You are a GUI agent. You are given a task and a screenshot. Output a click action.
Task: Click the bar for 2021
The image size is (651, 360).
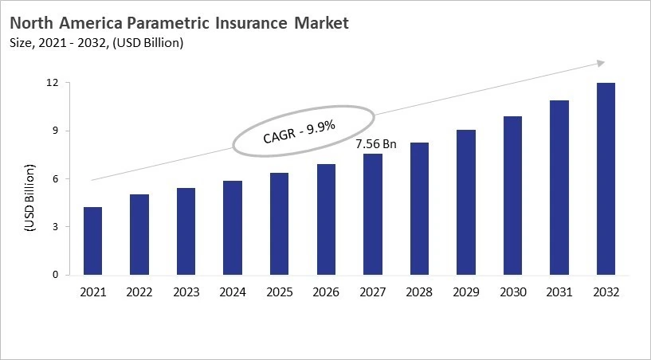(92, 241)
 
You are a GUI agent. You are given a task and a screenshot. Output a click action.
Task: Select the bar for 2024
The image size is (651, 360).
(233, 228)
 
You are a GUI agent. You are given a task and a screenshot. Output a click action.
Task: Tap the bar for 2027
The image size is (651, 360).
(373, 214)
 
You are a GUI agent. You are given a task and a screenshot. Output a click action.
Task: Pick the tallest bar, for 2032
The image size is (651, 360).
(606, 178)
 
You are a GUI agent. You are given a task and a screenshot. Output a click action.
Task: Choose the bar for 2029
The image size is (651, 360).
(466, 202)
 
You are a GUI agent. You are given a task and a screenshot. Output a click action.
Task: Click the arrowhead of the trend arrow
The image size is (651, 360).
(601, 63)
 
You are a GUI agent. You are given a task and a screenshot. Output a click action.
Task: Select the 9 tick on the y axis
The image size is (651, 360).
(55, 131)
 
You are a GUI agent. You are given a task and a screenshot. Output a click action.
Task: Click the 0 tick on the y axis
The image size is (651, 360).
(55, 275)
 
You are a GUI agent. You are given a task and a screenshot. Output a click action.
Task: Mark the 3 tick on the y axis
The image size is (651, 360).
(55, 227)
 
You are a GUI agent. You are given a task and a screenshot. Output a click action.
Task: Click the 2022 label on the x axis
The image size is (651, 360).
(139, 293)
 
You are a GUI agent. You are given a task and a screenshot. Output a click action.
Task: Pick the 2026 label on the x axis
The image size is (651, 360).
(326, 293)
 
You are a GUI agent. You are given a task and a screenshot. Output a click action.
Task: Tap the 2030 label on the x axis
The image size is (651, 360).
(513, 293)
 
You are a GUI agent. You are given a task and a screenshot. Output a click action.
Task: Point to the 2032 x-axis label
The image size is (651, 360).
(606, 293)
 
